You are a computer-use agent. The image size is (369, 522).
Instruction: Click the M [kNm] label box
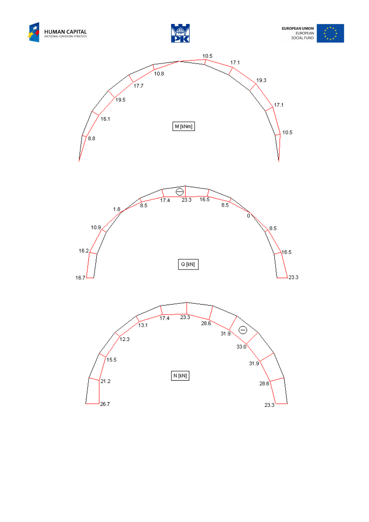[x=183, y=126]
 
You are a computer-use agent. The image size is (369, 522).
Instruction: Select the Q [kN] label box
[x=188, y=264]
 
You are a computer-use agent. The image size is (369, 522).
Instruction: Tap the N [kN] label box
[x=180, y=376]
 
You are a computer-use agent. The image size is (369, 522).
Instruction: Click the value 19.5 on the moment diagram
[x=120, y=100]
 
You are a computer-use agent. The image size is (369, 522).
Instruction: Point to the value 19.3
[x=261, y=81]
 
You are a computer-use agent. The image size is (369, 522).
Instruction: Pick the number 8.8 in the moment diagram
[x=92, y=138]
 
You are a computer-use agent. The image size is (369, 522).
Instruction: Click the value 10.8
[x=159, y=74]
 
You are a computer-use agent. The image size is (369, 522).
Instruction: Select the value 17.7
[x=138, y=86]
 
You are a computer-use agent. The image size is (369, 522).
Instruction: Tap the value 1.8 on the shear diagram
[x=117, y=209]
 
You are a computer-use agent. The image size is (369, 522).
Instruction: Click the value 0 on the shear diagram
[x=249, y=216]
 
